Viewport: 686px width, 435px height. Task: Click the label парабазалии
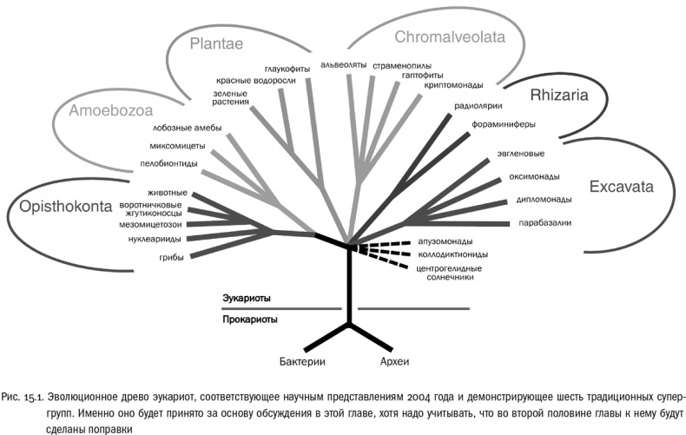[x=543, y=222]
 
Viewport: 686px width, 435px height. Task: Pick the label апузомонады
[x=445, y=241]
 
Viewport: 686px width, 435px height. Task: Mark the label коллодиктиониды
[x=452, y=254]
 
